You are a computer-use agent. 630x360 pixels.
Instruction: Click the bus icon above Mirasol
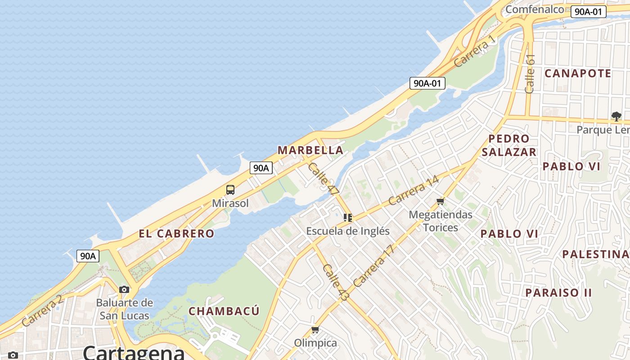(230, 189)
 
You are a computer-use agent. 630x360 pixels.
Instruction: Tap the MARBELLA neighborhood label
(310, 150)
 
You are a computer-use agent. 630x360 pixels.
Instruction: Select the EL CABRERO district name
(176, 234)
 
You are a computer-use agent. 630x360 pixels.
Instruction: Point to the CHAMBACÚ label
(224, 311)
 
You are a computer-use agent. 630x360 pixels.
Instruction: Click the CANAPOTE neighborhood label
(578, 73)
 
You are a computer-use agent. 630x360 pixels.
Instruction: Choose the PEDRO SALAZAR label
(509, 145)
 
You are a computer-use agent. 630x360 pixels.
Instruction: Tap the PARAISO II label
(558, 292)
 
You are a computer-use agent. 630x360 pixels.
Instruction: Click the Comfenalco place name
(535, 9)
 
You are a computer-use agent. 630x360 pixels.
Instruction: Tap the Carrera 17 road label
(374, 266)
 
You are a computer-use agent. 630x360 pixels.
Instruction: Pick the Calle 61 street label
(530, 74)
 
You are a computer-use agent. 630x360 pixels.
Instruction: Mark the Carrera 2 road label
(42, 310)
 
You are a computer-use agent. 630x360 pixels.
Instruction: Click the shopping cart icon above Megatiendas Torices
(441, 201)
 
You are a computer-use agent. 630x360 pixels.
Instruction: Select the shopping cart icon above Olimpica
(315, 330)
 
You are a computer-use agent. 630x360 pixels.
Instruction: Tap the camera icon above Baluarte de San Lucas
(124, 289)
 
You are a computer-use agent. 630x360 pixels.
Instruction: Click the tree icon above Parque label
(616, 117)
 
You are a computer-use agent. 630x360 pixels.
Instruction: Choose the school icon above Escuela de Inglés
(348, 218)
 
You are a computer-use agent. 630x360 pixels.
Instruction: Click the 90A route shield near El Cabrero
(88, 256)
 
